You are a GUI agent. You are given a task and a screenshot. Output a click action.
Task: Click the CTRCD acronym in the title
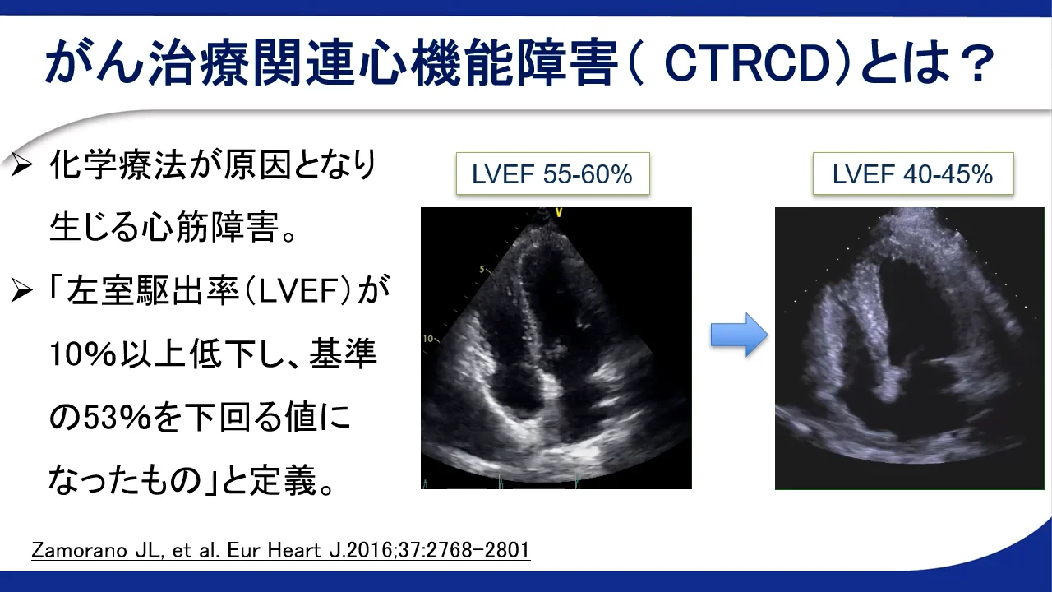747,63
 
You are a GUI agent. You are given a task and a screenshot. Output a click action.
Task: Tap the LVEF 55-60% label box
553,173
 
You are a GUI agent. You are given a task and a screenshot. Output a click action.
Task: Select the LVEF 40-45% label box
913,173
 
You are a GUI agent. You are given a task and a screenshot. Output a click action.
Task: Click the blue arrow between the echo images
739,335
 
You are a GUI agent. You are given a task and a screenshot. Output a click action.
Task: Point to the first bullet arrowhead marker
21,165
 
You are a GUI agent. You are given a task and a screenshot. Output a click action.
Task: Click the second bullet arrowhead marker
21,290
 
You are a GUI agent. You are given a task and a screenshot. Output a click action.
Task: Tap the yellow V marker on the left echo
559,213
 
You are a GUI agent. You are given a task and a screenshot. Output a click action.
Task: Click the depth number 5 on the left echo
482,269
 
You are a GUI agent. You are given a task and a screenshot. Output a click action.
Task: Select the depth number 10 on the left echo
428,338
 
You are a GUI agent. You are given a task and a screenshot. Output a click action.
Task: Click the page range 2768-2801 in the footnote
478,550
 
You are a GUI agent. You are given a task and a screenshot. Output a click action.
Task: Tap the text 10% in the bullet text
83,354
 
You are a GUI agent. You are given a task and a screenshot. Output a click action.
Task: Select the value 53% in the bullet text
118,417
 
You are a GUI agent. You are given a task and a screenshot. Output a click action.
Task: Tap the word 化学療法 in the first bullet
118,165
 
